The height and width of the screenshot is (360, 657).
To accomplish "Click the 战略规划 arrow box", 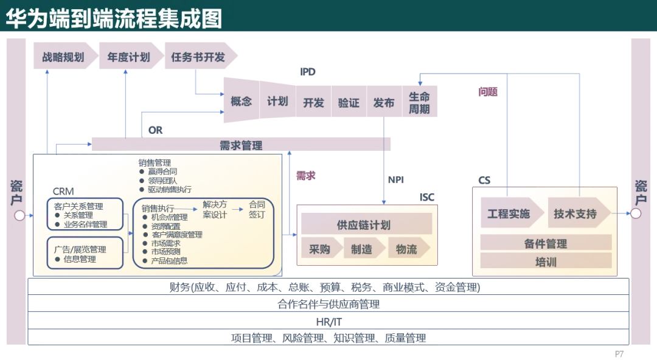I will pyautogui.click(x=63, y=58).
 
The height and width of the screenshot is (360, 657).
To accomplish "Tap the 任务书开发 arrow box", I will pyautogui.click(x=198, y=58).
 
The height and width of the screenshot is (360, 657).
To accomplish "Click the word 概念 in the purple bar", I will pyautogui.click(x=241, y=102).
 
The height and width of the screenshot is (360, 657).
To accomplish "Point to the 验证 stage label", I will pyautogui.click(x=349, y=103).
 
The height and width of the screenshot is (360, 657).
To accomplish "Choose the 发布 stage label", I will pyautogui.click(x=384, y=103).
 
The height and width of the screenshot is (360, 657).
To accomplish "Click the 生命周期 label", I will pyautogui.click(x=419, y=103).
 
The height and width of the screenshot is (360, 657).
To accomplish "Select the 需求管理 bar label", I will pyautogui.click(x=241, y=145).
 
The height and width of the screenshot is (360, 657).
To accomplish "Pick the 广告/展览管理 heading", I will pyautogui.click(x=80, y=249).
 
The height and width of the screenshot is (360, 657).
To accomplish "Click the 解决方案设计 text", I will pyautogui.click(x=214, y=209).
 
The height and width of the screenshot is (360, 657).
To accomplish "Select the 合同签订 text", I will pyautogui.click(x=257, y=209).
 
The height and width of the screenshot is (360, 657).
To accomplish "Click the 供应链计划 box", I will pyautogui.click(x=364, y=225).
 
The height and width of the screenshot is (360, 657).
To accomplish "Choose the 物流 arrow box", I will pyautogui.click(x=406, y=249).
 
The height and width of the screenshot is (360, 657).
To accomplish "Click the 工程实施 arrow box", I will pyautogui.click(x=509, y=213).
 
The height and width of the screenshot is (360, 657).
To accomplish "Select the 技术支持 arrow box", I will pyautogui.click(x=575, y=213).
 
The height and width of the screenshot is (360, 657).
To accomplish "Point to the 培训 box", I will pyautogui.click(x=545, y=262).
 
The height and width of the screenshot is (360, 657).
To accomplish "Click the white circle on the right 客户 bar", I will pyautogui.click(x=636, y=213).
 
